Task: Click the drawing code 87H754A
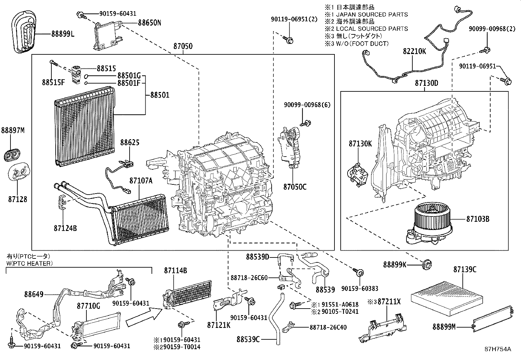click(x=498, y=349)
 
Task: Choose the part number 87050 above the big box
click(x=183, y=46)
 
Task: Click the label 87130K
click(x=360, y=143)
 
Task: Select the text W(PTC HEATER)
click(x=29, y=263)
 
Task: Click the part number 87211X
click(x=389, y=302)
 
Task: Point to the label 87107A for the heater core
click(x=141, y=180)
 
